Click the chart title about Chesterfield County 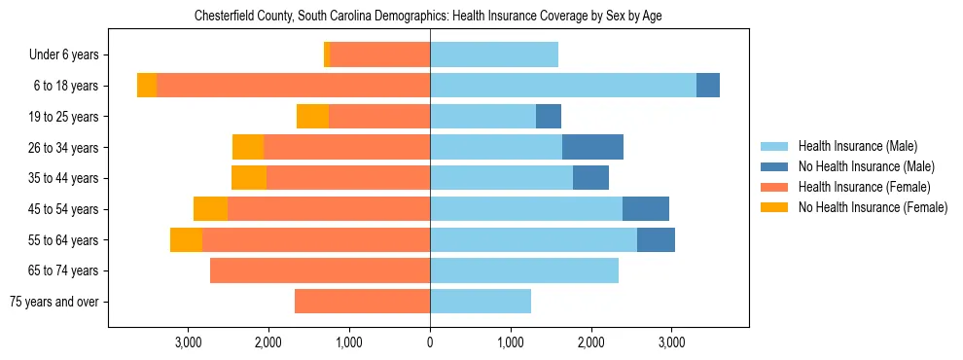click(428, 17)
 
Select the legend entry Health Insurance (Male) click(857, 146)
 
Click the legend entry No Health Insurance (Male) click(866, 166)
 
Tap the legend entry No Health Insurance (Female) click(872, 207)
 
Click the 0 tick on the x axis click(430, 342)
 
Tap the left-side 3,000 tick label click(188, 342)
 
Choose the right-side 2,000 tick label click(590, 342)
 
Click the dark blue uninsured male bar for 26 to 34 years click(592, 147)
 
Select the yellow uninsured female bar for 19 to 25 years click(312, 117)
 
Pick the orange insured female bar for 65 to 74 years click(320, 270)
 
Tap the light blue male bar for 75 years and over click(481, 302)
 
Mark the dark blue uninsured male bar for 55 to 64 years click(656, 239)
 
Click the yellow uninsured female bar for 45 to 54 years click(210, 209)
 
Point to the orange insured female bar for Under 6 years click(379, 55)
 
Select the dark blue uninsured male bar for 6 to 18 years click(708, 86)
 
